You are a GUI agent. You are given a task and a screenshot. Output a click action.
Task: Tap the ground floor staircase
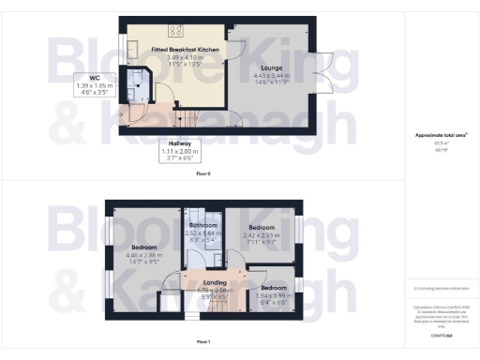point(188,120)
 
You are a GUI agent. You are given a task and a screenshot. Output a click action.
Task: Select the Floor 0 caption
point(203,174)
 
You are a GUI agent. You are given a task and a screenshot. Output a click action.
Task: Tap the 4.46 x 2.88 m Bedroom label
point(143,248)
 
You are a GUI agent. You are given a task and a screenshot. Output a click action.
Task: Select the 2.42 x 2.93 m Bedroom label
point(262,227)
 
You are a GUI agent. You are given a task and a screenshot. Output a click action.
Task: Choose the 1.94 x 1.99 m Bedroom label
point(274,287)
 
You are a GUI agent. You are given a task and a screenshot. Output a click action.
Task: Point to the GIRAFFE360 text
point(441,334)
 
